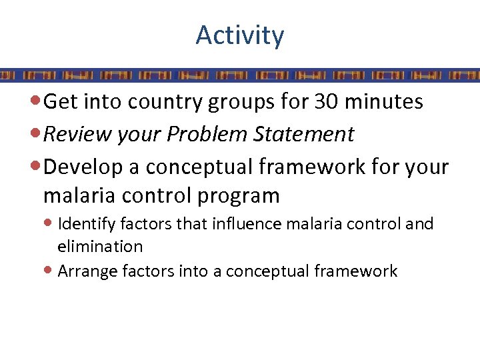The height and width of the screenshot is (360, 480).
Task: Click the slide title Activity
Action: (240, 35)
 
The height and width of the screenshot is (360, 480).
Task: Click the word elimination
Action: (100, 247)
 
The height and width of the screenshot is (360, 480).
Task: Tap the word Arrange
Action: (85, 271)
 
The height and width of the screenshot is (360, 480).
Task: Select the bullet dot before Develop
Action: (36, 166)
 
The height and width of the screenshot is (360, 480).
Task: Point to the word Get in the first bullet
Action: (59, 102)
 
